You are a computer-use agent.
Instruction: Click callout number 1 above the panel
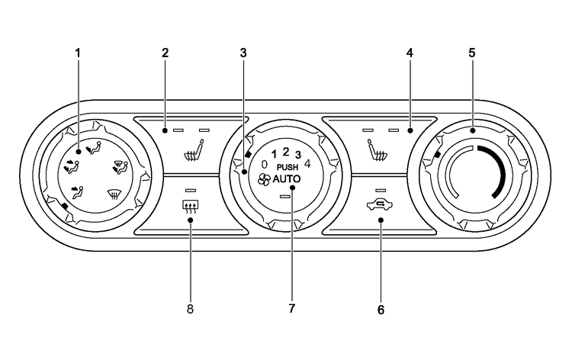pos(77,53)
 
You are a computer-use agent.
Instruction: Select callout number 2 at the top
pos(165,53)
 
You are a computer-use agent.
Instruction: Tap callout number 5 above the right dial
pos(472,53)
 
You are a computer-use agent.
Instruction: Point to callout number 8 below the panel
pos(190,310)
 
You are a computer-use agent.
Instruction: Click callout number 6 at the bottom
pos(381,310)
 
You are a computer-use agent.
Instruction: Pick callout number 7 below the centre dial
pos(291,309)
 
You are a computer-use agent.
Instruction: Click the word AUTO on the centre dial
pos(287,178)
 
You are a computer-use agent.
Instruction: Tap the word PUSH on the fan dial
pos(288,167)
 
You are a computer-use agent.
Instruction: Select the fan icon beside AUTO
pos(264,179)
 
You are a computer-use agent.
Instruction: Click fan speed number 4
pos(307,163)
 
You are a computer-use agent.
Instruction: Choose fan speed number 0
pos(264,164)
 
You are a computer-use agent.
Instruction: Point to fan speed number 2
pos(286,152)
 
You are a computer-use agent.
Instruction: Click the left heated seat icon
pos(194,150)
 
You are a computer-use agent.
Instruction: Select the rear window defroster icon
pos(190,206)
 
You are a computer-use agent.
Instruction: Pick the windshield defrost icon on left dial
pos(114,194)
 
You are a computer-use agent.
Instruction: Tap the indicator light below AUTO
pos(285,197)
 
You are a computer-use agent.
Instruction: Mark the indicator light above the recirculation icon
pos(381,190)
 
